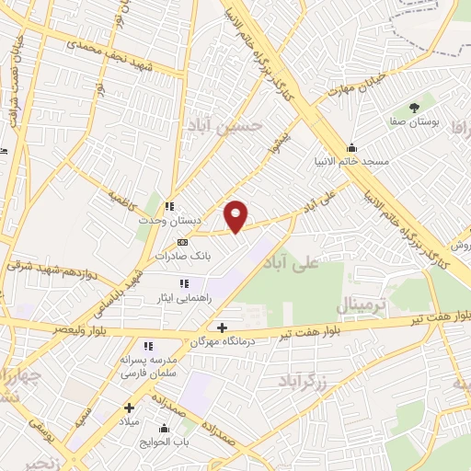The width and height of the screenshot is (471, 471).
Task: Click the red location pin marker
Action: pyautogui.click(x=236, y=215)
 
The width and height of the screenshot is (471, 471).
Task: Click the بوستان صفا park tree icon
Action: pyautogui.click(x=412, y=108)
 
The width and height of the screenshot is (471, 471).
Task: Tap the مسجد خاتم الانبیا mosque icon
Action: pyautogui.click(x=350, y=147)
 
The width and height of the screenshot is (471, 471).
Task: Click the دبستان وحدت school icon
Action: pyautogui.click(x=168, y=207)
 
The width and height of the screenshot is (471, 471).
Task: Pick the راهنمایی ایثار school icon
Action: pyautogui.click(x=183, y=283)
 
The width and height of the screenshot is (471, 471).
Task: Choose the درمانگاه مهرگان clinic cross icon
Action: pyautogui.click(x=221, y=327)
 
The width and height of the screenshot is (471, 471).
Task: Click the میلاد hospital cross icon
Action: pyautogui.click(x=129, y=407)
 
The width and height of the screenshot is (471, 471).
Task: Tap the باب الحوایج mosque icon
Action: pyautogui.click(x=165, y=427)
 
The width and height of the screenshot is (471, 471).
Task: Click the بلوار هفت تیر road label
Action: pyautogui.click(x=369, y=326)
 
